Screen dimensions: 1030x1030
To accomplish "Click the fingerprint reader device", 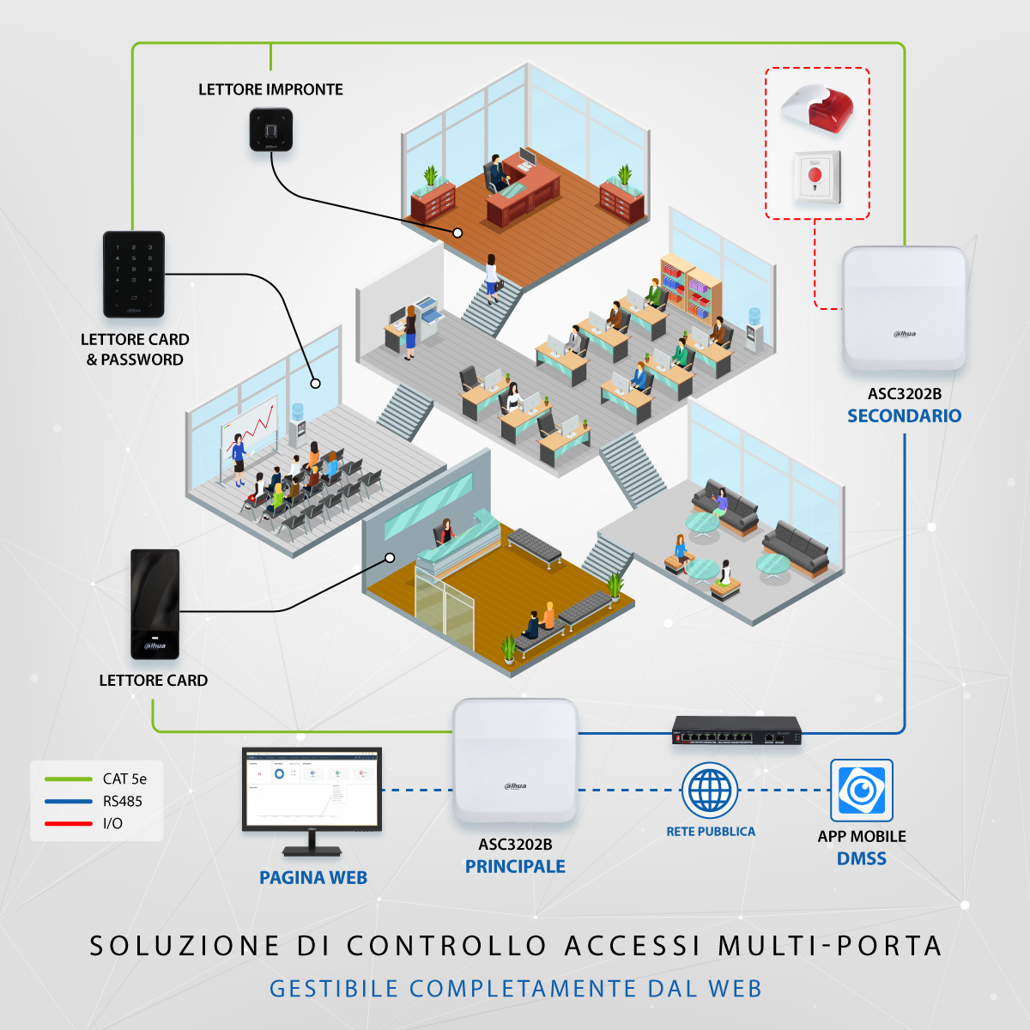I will point(271,130).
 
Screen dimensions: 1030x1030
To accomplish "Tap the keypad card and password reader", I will point(134,274).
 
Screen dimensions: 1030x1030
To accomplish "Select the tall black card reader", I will point(154,604).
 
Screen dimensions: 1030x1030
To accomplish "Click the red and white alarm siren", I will point(818,107).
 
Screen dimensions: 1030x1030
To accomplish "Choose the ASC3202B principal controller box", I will point(515,760).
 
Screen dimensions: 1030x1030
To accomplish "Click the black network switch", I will point(736,730).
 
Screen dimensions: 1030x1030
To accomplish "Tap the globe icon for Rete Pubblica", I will point(710,791).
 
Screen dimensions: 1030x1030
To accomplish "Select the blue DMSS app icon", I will point(862,790).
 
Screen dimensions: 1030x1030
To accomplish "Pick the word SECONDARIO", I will point(904,416).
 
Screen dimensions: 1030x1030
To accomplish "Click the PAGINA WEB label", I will point(313,878).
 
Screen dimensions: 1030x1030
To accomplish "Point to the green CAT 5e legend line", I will point(69,779).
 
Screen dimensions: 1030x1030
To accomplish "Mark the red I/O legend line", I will point(69,824).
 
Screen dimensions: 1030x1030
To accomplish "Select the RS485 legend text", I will point(123,802).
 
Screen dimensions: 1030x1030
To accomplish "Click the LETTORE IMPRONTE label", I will point(270,89).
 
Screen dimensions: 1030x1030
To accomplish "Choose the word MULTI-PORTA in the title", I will point(830,946).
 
